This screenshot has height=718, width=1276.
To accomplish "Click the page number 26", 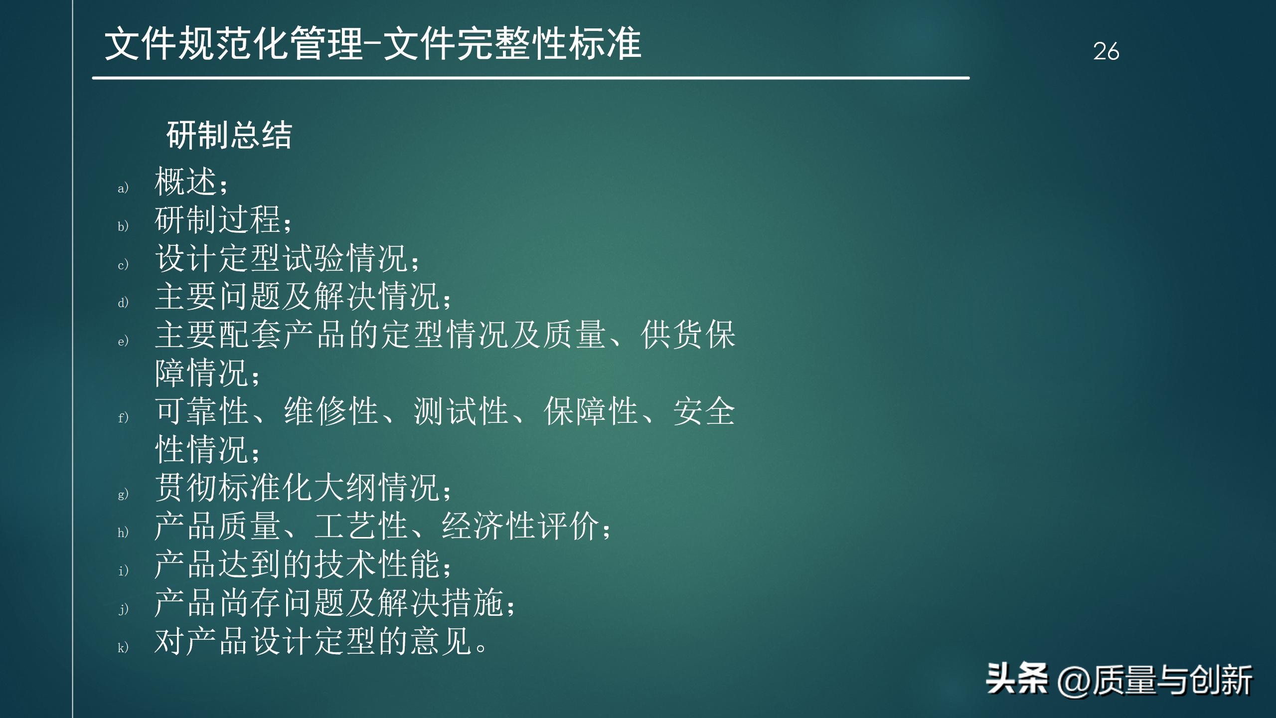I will pyautogui.click(x=1106, y=51).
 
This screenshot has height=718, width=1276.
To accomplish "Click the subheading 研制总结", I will pyautogui.click(x=229, y=135).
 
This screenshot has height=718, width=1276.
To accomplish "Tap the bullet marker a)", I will pyautogui.click(x=123, y=188).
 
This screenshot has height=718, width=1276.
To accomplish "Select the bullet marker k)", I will pyautogui.click(x=123, y=647).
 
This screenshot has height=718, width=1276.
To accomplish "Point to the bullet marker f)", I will pyautogui.click(x=123, y=417).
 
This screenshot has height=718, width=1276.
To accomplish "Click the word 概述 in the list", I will pyautogui.click(x=185, y=181).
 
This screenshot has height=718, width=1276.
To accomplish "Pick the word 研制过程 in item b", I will pyautogui.click(x=217, y=219).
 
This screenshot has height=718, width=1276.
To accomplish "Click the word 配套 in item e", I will pyautogui.click(x=250, y=335).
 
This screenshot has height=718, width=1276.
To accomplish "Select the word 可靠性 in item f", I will pyautogui.click(x=202, y=411).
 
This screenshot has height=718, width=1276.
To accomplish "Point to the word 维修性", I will pyautogui.click(x=331, y=411).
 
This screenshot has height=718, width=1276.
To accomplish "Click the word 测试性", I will pyautogui.click(x=461, y=411).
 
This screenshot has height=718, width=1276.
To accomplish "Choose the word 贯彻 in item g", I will pyautogui.click(x=185, y=488).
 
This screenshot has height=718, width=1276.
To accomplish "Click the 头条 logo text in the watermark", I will pyautogui.click(x=1017, y=680).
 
